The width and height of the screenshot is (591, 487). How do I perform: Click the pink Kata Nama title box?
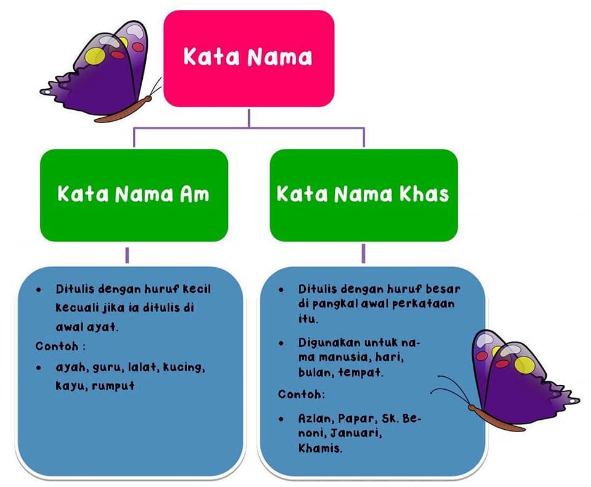[x=249, y=58]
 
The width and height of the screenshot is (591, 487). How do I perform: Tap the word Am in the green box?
[x=195, y=194]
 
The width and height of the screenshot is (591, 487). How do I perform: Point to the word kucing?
[x=184, y=367]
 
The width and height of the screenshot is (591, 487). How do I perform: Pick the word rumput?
[x=113, y=385]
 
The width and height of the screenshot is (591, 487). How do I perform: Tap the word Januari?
[x=356, y=433]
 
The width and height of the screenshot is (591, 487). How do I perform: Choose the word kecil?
[x=197, y=289]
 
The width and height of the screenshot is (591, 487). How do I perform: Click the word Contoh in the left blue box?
[x=57, y=346]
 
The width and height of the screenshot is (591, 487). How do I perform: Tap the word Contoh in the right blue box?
[x=300, y=394]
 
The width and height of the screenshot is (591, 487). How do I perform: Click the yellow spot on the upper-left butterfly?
[x=95, y=55]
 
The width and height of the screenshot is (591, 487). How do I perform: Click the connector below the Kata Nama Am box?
[x=127, y=255]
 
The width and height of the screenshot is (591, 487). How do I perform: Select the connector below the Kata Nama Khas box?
[x=363, y=253]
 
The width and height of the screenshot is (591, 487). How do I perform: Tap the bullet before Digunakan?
[x=281, y=343]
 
